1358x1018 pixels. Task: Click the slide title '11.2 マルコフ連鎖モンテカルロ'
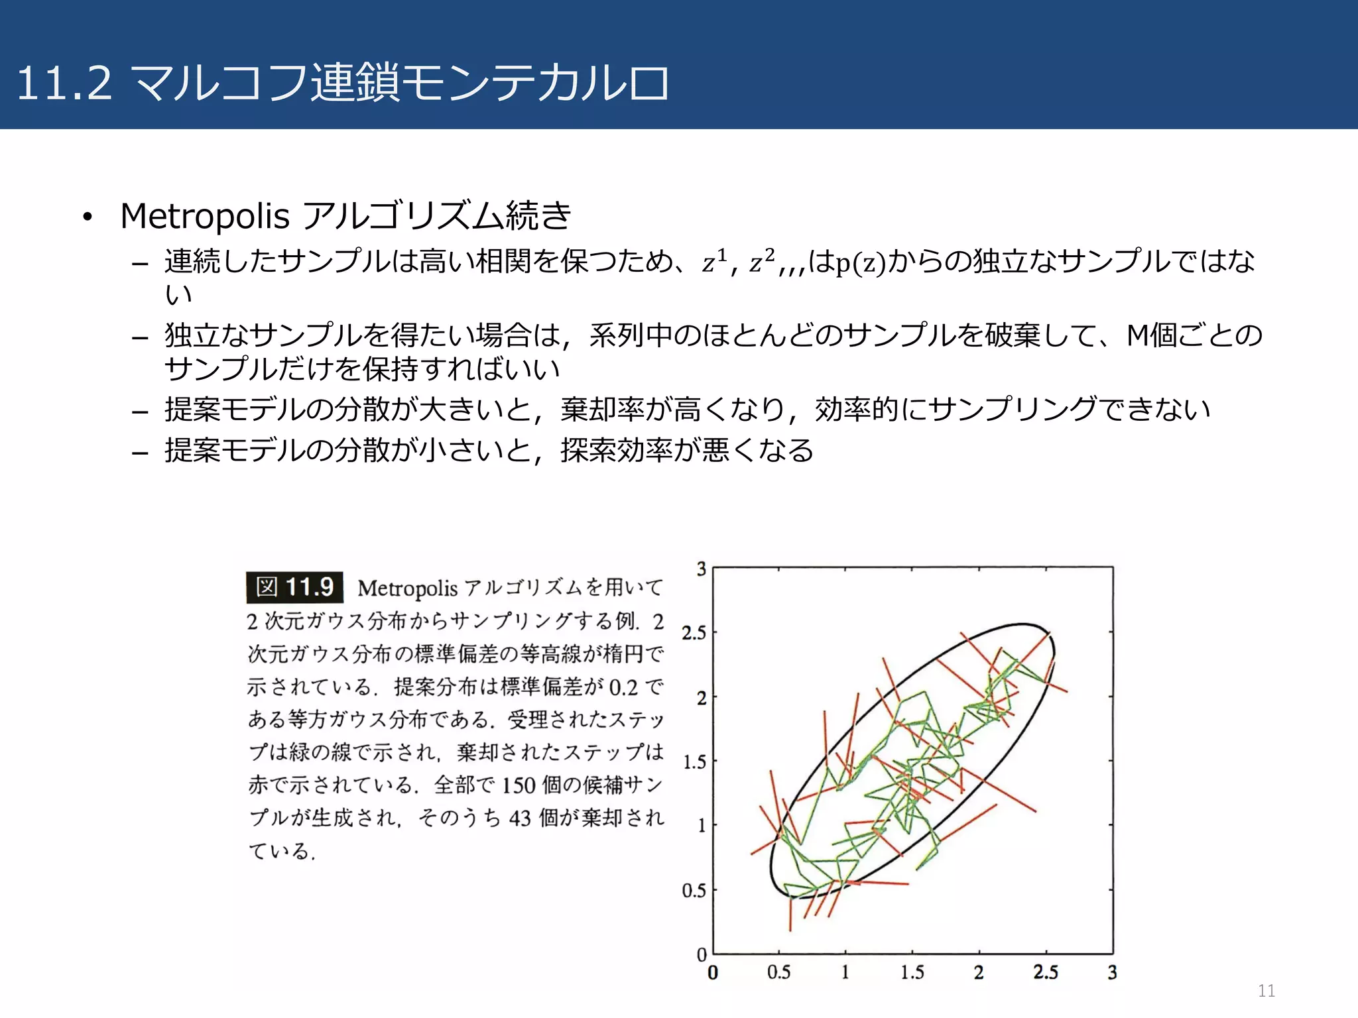[341, 83]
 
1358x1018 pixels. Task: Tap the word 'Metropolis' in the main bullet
[205, 216]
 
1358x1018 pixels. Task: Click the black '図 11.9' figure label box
[294, 587]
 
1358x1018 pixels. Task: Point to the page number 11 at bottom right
[1266, 991]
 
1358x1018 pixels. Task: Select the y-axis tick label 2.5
[694, 633]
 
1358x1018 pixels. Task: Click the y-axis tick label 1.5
[694, 762]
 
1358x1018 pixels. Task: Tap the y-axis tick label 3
[702, 569]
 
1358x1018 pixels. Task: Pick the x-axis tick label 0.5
[778, 972]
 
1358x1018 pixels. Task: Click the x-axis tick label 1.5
[912, 972]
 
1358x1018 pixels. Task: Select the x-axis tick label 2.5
[1045, 972]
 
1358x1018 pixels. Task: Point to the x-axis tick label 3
[1112, 972]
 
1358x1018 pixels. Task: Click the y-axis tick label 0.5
[694, 890]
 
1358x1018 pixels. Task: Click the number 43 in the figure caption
[520, 818]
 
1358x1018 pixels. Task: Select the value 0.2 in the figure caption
[623, 687]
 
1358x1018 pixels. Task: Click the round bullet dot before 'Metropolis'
[87, 217]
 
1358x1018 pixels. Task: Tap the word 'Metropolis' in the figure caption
[407, 588]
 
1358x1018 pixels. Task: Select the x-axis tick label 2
[978, 972]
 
